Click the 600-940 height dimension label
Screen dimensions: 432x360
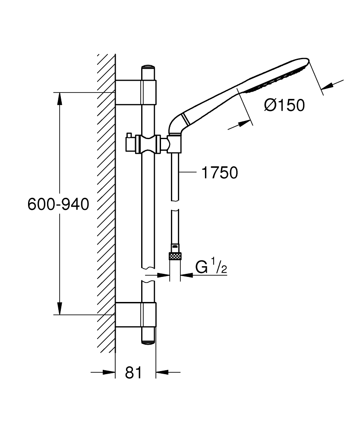pyautogui.click(x=58, y=203)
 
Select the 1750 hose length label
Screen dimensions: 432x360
pyautogui.click(x=219, y=173)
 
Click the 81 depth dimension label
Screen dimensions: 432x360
pyautogui.click(x=133, y=373)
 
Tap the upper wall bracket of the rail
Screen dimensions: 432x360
pyautogui.click(x=136, y=92)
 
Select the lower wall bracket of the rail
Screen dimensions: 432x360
pyautogui.click(x=136, y=315)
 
